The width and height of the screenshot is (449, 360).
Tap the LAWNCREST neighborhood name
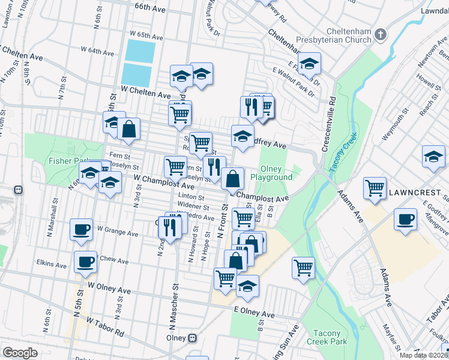(x=415, y=193)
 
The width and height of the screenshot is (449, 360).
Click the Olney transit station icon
(x=192, y=337)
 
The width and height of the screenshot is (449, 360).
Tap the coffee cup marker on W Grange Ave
(x=81, y=229)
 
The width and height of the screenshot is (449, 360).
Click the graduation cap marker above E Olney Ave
(x=247, y=287)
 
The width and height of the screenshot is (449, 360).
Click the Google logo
(x=20, y=353)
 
